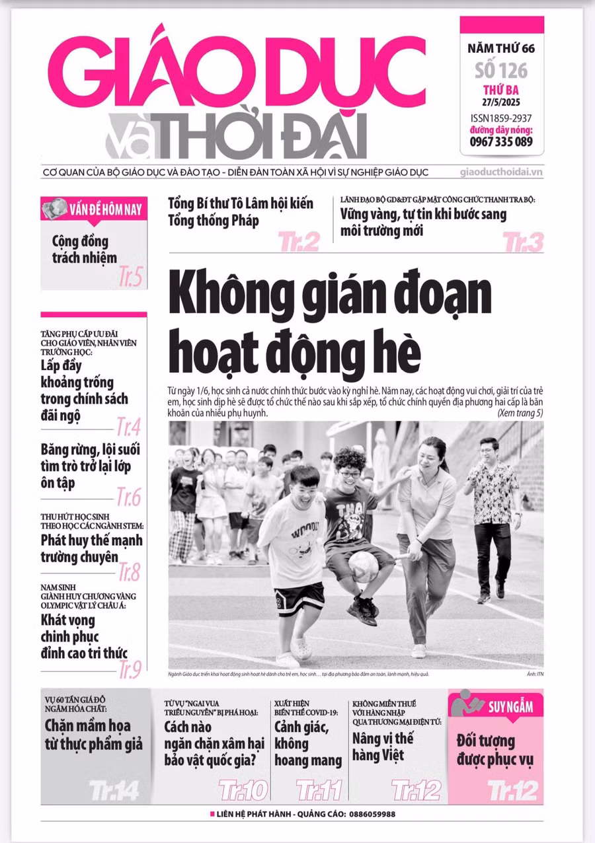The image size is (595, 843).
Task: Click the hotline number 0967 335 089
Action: point(501,141)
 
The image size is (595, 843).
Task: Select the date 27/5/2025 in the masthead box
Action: point(501,102)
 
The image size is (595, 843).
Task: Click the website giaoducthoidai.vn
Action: point(501,172)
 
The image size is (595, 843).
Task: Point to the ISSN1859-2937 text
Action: point(501,117)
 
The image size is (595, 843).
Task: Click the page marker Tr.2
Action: point(299,242)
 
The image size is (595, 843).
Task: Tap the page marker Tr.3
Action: point(523,242)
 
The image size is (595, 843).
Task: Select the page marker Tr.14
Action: point(114,790)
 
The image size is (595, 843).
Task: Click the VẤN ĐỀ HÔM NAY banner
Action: point(94,210)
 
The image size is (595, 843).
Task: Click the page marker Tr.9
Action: point(130,670)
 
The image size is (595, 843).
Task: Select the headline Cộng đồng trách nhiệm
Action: point(84,249)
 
